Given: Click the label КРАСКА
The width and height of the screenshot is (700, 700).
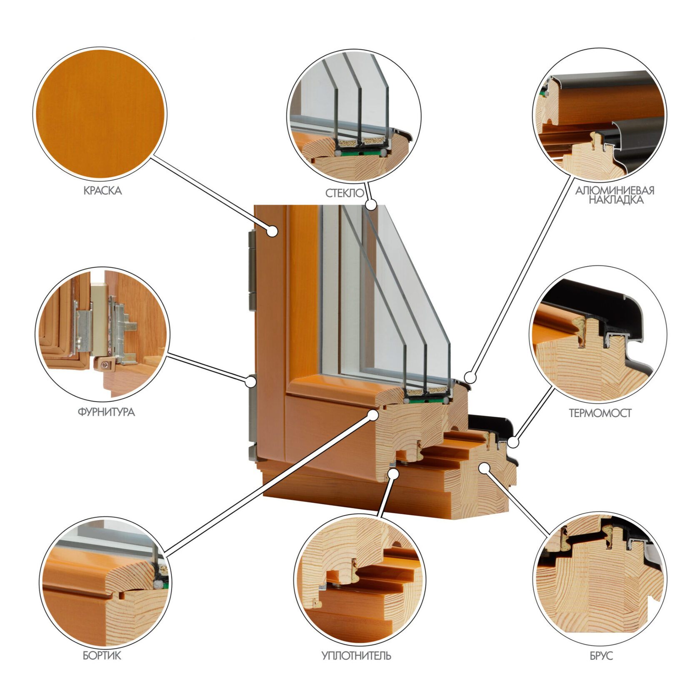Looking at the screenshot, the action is coord(102,191).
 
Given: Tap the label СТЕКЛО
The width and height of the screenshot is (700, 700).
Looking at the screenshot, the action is coord(345,193).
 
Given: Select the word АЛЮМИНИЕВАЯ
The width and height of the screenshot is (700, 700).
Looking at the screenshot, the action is coord(615,190).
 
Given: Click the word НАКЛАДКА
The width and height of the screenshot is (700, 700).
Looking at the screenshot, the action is coord(616,200).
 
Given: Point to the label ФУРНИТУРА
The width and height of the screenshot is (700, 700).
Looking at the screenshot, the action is coord(106,412).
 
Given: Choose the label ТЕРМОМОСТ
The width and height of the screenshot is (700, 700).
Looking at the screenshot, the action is coord(600,413).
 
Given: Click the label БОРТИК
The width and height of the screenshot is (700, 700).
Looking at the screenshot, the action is coord(102,655).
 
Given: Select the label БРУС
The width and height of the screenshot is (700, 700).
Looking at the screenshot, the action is coord(601,656).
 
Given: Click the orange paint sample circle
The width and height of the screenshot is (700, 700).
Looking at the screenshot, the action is coord(100,114).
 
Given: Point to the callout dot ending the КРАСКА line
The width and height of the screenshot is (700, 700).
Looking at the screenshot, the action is coord(272,231).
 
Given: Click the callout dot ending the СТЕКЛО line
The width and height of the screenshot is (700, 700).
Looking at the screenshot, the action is coord(371,205).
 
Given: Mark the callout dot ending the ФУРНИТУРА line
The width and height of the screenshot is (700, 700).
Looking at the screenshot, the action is coord(250,381).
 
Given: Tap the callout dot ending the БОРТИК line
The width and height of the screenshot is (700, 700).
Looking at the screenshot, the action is coord(373,415).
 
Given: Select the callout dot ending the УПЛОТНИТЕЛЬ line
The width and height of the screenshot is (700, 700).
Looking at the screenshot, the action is coord(393,473).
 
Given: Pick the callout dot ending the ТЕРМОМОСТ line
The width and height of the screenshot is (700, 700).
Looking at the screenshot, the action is coord(514,442).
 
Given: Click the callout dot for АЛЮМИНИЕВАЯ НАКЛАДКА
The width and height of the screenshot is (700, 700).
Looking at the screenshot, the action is coord(470,377).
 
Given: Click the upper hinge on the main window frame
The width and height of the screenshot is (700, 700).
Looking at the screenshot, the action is coord(252,270).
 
